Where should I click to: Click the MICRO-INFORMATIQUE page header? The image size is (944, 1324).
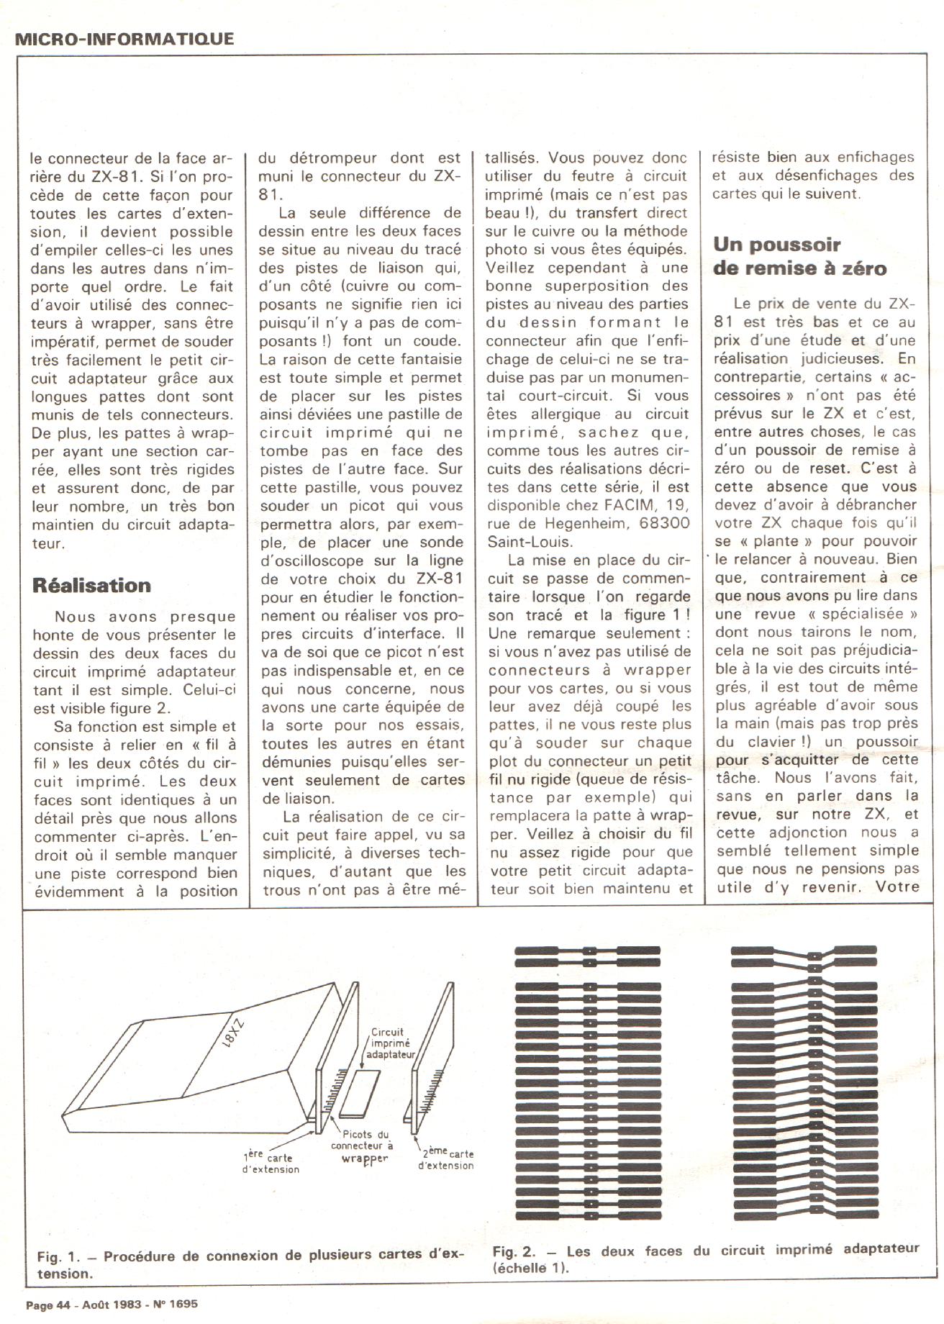124,39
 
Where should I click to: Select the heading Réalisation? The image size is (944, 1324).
91,585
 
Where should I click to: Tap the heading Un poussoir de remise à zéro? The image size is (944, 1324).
799,256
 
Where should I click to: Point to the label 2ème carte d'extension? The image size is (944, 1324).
446,1158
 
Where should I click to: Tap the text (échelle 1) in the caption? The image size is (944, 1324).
531,1269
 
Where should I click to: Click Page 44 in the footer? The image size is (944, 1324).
48,1305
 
